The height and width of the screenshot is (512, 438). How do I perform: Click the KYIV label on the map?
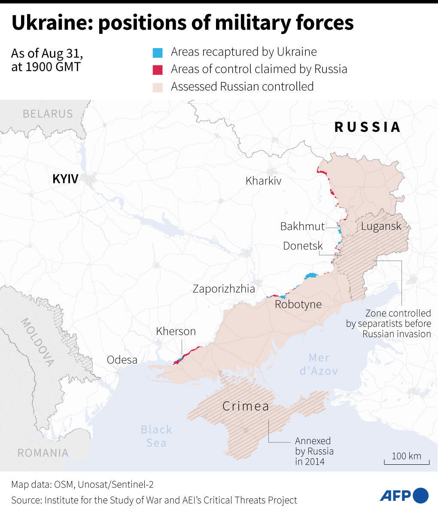pos(65,179)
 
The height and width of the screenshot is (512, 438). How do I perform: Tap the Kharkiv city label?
pos(263,181)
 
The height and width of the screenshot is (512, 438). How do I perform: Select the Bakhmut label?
pos(302,226)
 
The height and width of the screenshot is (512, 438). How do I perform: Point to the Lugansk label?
pos(381,226)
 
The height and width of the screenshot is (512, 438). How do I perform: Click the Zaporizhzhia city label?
pos(224,289)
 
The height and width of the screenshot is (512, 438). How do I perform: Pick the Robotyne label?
pos(298,305)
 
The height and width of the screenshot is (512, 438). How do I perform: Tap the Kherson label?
pos(176,331)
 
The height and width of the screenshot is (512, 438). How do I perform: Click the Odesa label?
pos(122,360)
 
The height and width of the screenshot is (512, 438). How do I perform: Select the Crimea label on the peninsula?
pos(246,406)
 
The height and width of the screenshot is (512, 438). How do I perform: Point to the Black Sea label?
pos(156,436)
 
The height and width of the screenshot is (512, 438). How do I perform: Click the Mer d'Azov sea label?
pos(319,364)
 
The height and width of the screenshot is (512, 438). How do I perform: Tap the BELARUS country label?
pos(48,114)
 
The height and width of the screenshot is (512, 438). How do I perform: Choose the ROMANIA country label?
pos(43,453)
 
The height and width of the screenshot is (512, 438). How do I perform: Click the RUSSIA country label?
pos(367,127)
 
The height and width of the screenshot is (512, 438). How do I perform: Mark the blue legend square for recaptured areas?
pos(158,53)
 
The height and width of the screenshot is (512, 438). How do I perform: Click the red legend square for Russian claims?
pos(158,70)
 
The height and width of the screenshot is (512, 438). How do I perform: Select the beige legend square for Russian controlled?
pos(158,87)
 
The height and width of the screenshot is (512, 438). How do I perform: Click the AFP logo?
pos(404,495)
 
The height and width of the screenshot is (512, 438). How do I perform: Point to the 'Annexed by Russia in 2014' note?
pos(314,451)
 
